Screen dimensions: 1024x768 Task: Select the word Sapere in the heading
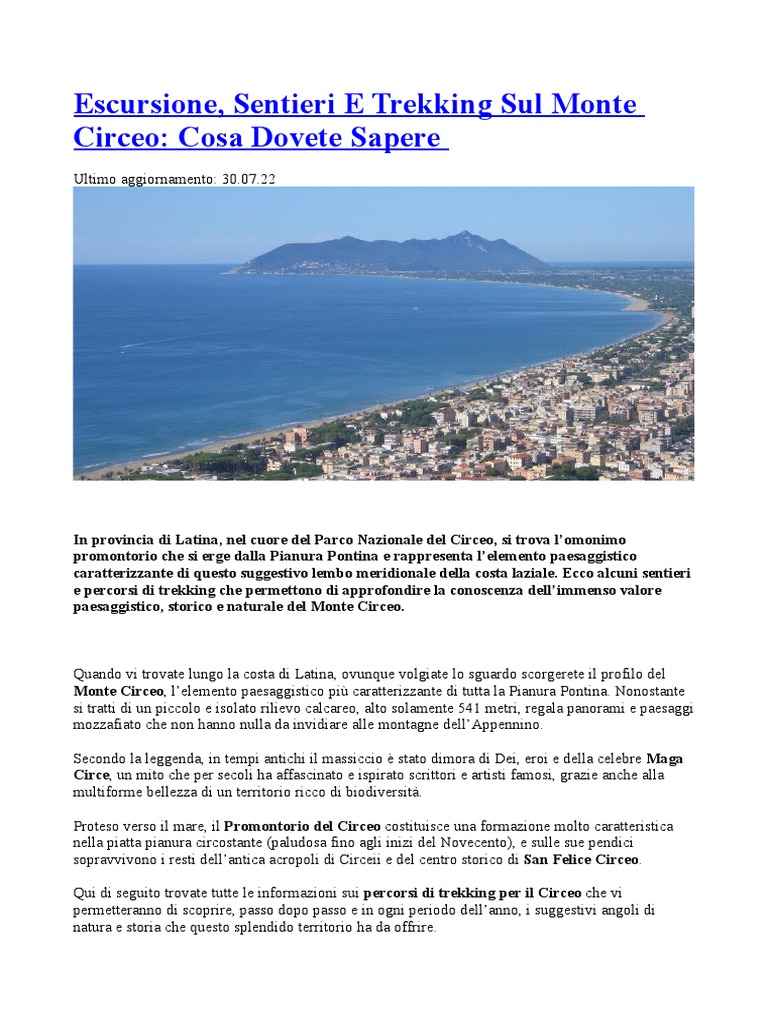[x=397, y=137]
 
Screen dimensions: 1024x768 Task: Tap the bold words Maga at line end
[x=665, y=758]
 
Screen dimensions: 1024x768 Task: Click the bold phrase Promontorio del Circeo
[x=302, y=826]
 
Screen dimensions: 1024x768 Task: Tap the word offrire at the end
[x=411, y=927]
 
